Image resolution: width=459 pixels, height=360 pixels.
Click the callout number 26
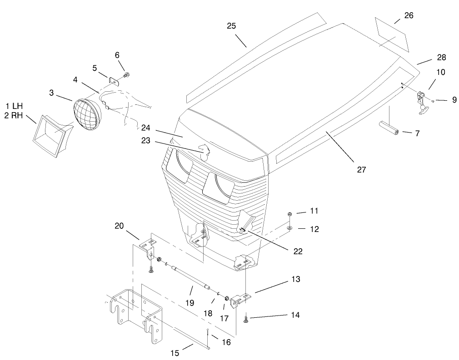[409, 15]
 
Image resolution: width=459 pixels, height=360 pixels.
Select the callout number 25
[231, 26]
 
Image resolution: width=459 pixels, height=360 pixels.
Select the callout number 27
[361, 170]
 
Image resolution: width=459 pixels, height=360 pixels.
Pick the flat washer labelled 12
[289, 227]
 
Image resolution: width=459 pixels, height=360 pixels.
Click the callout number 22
[298, 251]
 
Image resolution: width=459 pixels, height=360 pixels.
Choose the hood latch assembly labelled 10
[422, 101]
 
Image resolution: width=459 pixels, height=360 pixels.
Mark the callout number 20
[119, 225]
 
